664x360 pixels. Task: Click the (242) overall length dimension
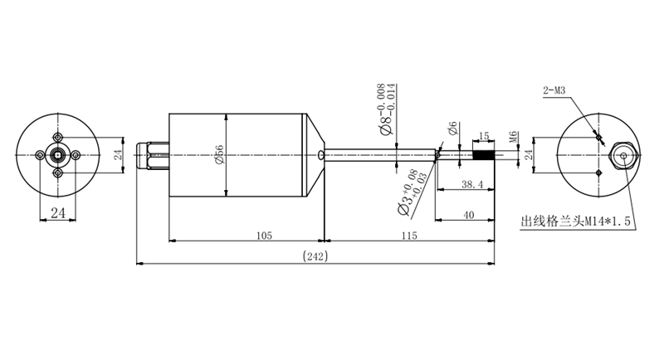click(315, 256)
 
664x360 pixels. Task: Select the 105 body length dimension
click(264, 236)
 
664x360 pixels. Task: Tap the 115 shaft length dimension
click(409, 236)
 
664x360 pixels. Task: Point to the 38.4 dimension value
click(471, 184)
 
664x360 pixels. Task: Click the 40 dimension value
click(468, 215)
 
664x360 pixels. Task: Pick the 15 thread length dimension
click(484, 136)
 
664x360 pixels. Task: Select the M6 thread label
click(513, 138)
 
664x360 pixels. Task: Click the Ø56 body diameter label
click(219, 154)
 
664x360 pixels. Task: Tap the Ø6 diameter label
click(452, 129)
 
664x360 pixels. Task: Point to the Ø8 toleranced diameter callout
click(388, 109)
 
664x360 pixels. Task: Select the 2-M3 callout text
click(554, 90)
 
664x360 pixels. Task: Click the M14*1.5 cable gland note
click(575, 221)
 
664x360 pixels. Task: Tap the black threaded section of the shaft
click(483, 155)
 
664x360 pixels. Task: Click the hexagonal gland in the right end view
click(623, 155)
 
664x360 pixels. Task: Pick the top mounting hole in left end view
click(57, 137)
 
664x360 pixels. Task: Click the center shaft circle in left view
click(57, 155)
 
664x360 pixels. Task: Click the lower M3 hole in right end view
click(598, 173)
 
